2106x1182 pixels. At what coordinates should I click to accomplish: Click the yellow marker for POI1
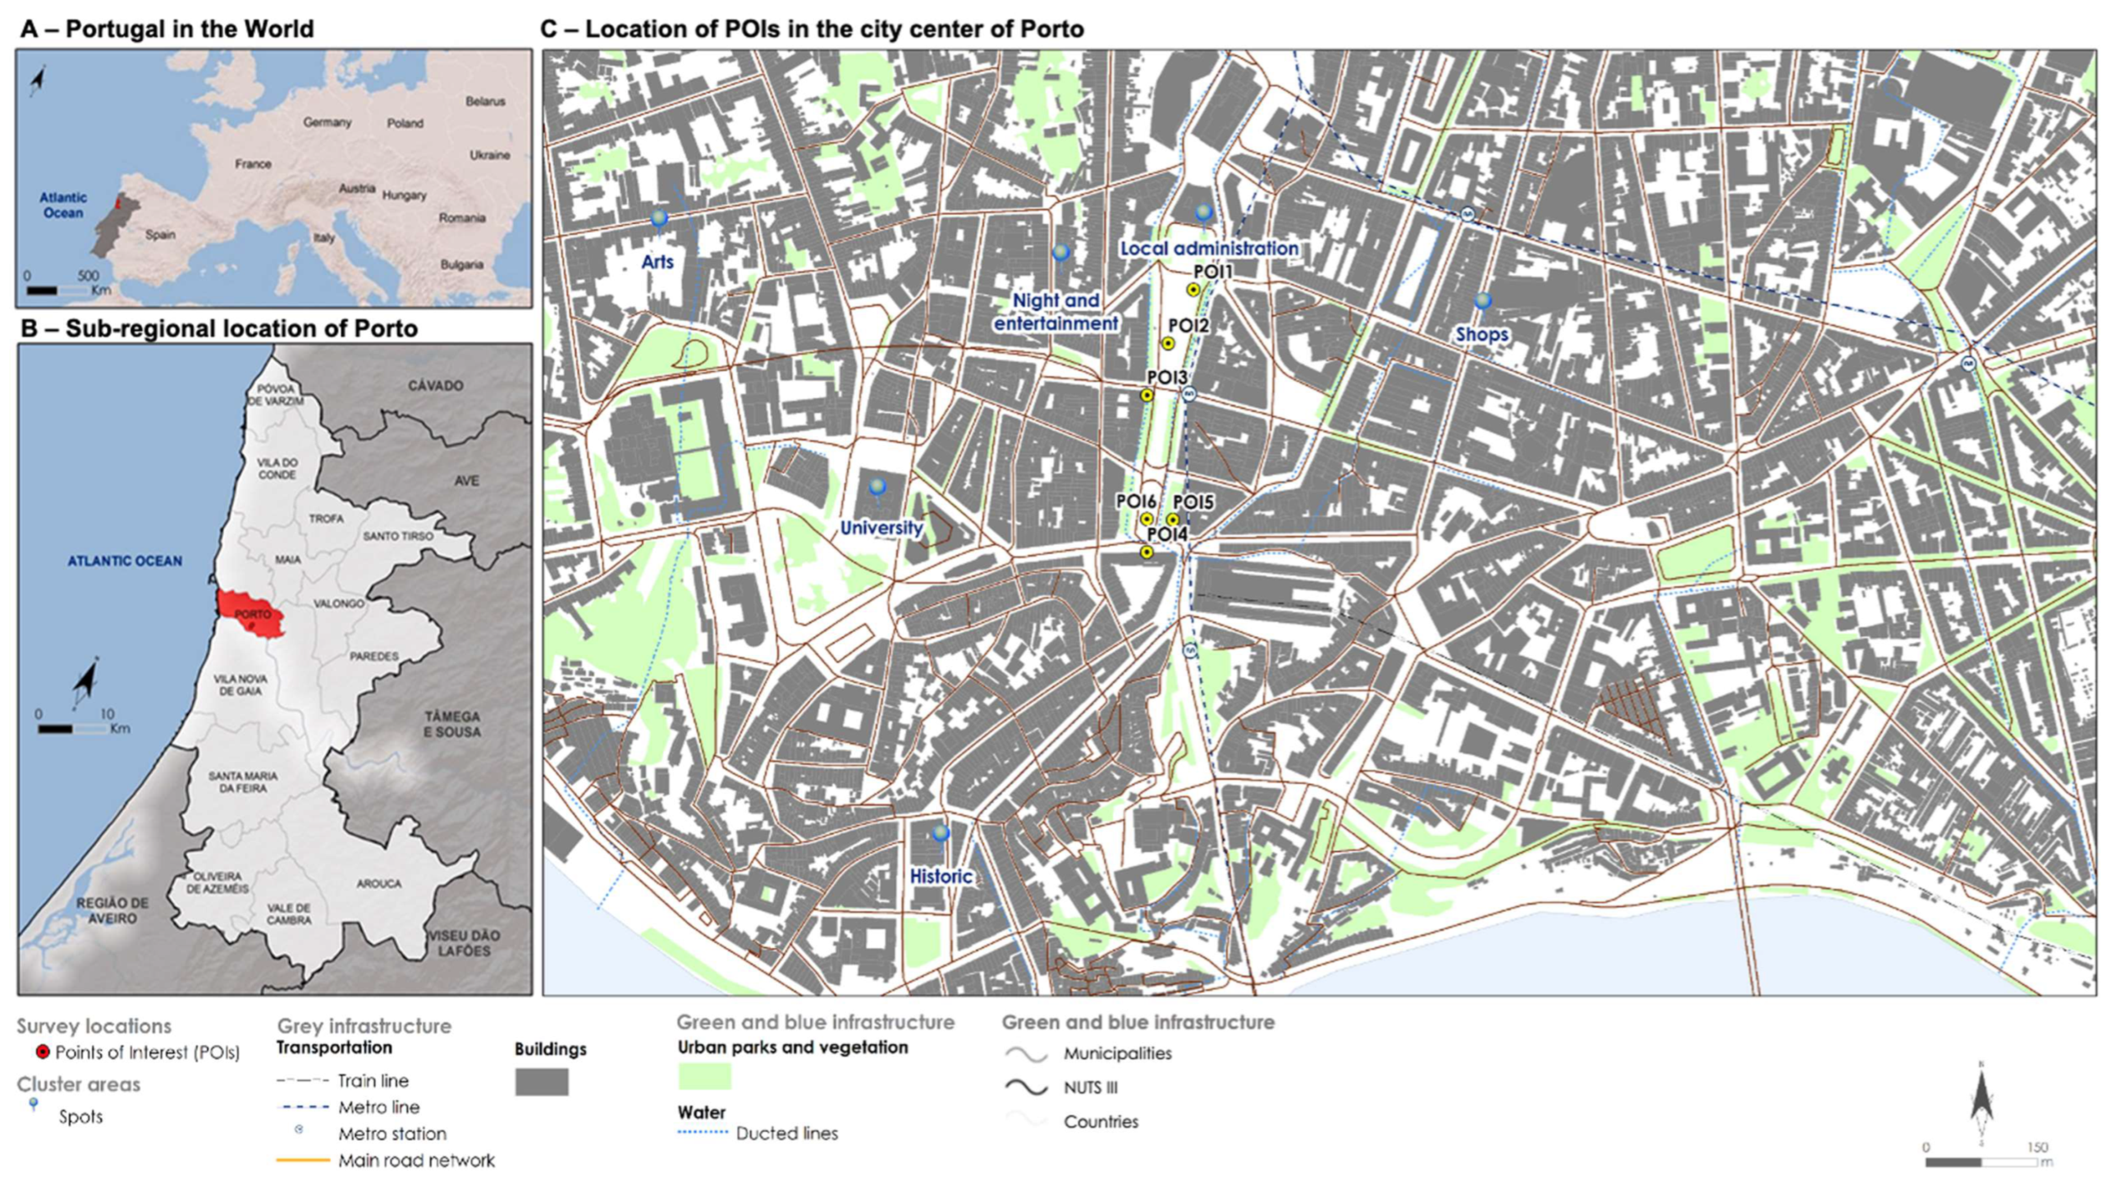[1193, 289]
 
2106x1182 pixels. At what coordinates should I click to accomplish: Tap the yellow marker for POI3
[1147, 396]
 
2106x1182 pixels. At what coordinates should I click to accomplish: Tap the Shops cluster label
[1482, 334]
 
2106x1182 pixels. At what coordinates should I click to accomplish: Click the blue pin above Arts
[658, 218]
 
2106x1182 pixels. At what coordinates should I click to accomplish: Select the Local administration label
[1208, 247]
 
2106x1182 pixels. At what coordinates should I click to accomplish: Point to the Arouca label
[379, 884]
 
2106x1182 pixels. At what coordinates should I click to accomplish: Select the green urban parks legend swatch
[704, 1076]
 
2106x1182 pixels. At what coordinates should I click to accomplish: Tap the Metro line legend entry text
[379, 1107]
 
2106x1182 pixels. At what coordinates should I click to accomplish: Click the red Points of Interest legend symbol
[44, 1053]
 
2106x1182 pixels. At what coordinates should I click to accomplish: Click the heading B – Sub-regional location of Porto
[219, 329]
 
